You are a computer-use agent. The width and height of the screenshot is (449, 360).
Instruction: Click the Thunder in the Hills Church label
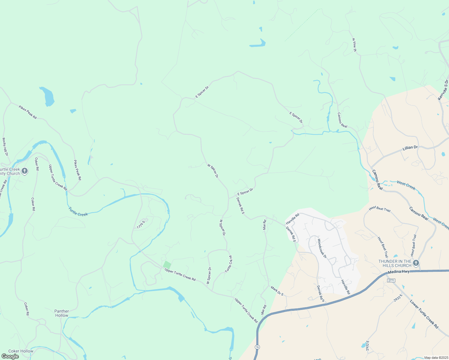click(x=395, y=263)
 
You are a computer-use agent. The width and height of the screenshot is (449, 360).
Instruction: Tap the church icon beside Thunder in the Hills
click(x=416, y=263)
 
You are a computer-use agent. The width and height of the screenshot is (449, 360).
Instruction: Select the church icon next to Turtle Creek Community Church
click(x=25, y=171)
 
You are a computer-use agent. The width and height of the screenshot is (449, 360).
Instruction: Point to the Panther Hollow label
click(x=62, y=313)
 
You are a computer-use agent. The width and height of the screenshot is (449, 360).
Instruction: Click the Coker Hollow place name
click(x=21, y=351)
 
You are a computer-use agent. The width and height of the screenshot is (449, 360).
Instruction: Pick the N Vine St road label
click(x=354, y=45)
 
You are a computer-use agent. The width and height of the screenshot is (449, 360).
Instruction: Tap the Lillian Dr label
click(x=410, y=148)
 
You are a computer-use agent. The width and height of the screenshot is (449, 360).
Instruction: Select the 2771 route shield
click(x=391, y=280)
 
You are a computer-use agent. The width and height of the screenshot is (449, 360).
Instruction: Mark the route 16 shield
click(x=257, y=347)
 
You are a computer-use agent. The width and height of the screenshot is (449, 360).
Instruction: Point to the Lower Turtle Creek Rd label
click(x=424, y=314)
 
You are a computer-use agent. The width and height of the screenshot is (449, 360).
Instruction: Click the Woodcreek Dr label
click(x=322, y=248)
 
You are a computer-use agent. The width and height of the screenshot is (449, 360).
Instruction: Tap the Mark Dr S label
click(x=277, y=291)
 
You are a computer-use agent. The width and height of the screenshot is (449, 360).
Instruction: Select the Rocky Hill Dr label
click(x=5, y=147)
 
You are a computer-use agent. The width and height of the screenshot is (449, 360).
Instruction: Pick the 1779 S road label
click(x=141, y=225)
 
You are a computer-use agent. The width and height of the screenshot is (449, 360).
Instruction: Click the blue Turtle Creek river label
click(x=78, y=212)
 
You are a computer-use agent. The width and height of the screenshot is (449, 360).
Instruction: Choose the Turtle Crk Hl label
click(x=229, y=264)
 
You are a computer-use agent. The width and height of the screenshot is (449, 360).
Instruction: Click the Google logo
click(x=10, y=356)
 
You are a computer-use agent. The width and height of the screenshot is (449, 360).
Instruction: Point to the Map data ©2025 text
click(x=436, y=358)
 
